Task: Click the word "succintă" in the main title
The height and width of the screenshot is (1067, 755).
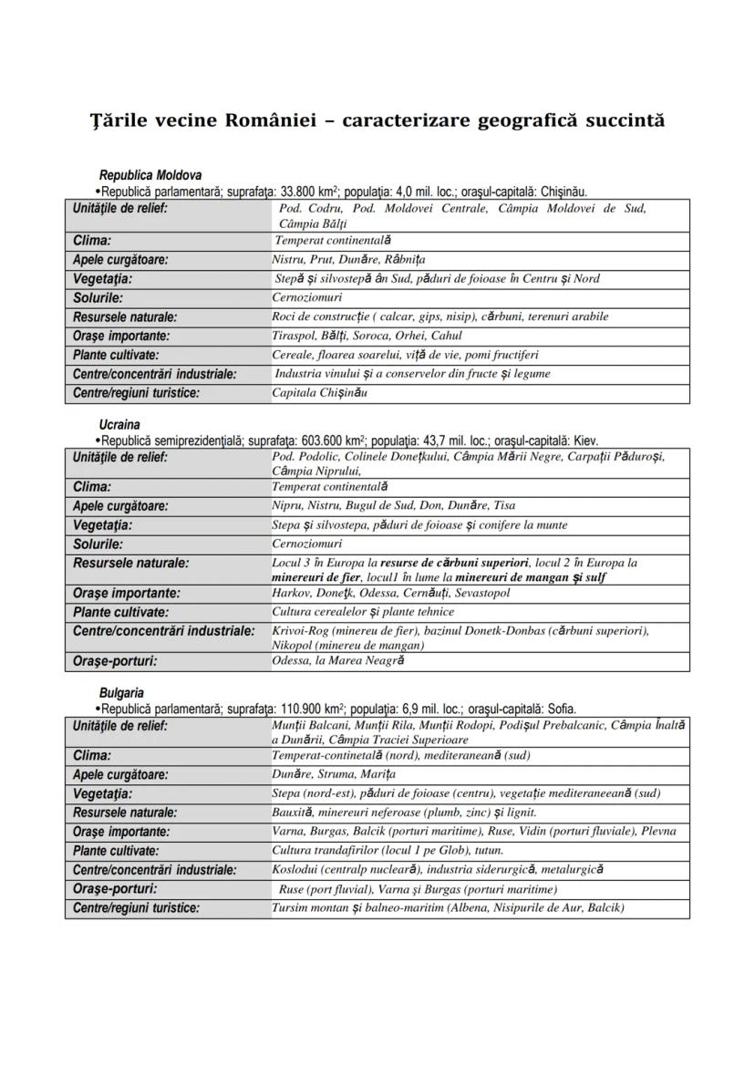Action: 619,120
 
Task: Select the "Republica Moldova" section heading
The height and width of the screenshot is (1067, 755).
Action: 150,175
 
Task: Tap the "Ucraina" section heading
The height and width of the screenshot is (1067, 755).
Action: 119,425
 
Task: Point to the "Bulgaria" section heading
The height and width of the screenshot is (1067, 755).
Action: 121,693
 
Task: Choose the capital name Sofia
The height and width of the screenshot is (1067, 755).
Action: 560,709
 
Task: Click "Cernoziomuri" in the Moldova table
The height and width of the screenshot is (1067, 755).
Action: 306,297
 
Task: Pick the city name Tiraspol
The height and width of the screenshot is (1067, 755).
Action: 294,336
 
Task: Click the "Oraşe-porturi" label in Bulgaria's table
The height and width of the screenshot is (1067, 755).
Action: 115,888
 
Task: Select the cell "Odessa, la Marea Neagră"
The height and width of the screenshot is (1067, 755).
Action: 337,661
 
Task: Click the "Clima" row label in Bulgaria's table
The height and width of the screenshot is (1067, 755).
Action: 92,756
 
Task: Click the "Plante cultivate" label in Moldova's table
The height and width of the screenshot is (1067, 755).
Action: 116,355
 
